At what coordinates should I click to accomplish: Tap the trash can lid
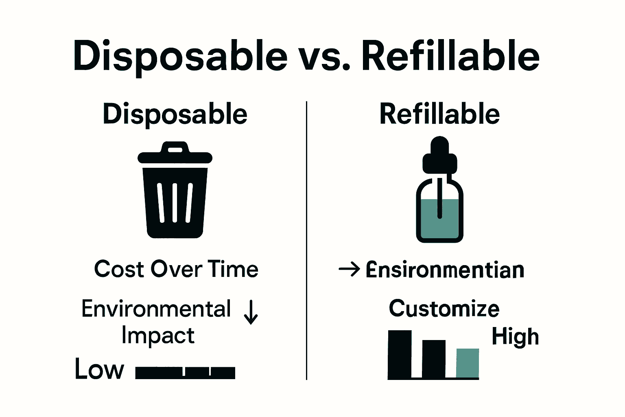(x=175, y=158)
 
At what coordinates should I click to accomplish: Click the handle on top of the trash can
(x=175, y=147)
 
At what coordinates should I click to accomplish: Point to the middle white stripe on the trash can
(x=175, y=202)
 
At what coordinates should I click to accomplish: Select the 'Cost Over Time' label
(x=176, y=269)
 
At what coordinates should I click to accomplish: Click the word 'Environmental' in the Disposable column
(x=156, y=309)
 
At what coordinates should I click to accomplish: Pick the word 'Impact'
(x=158, y=336)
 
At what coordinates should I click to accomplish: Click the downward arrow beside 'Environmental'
(x=251, y=312)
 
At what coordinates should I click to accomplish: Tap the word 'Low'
(x=99, y=369)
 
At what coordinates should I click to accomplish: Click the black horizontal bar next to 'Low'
(x=185, y=373)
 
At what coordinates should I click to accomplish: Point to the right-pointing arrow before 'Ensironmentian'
(x=349, y=269)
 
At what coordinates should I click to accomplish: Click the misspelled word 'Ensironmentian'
(x=445, y=270)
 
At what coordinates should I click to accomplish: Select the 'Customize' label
(x=444, y=309)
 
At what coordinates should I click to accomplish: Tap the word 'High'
(x=515, y=337)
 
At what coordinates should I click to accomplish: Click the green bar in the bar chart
(x=468, y=363)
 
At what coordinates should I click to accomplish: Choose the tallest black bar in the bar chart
(x=400, y=354)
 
